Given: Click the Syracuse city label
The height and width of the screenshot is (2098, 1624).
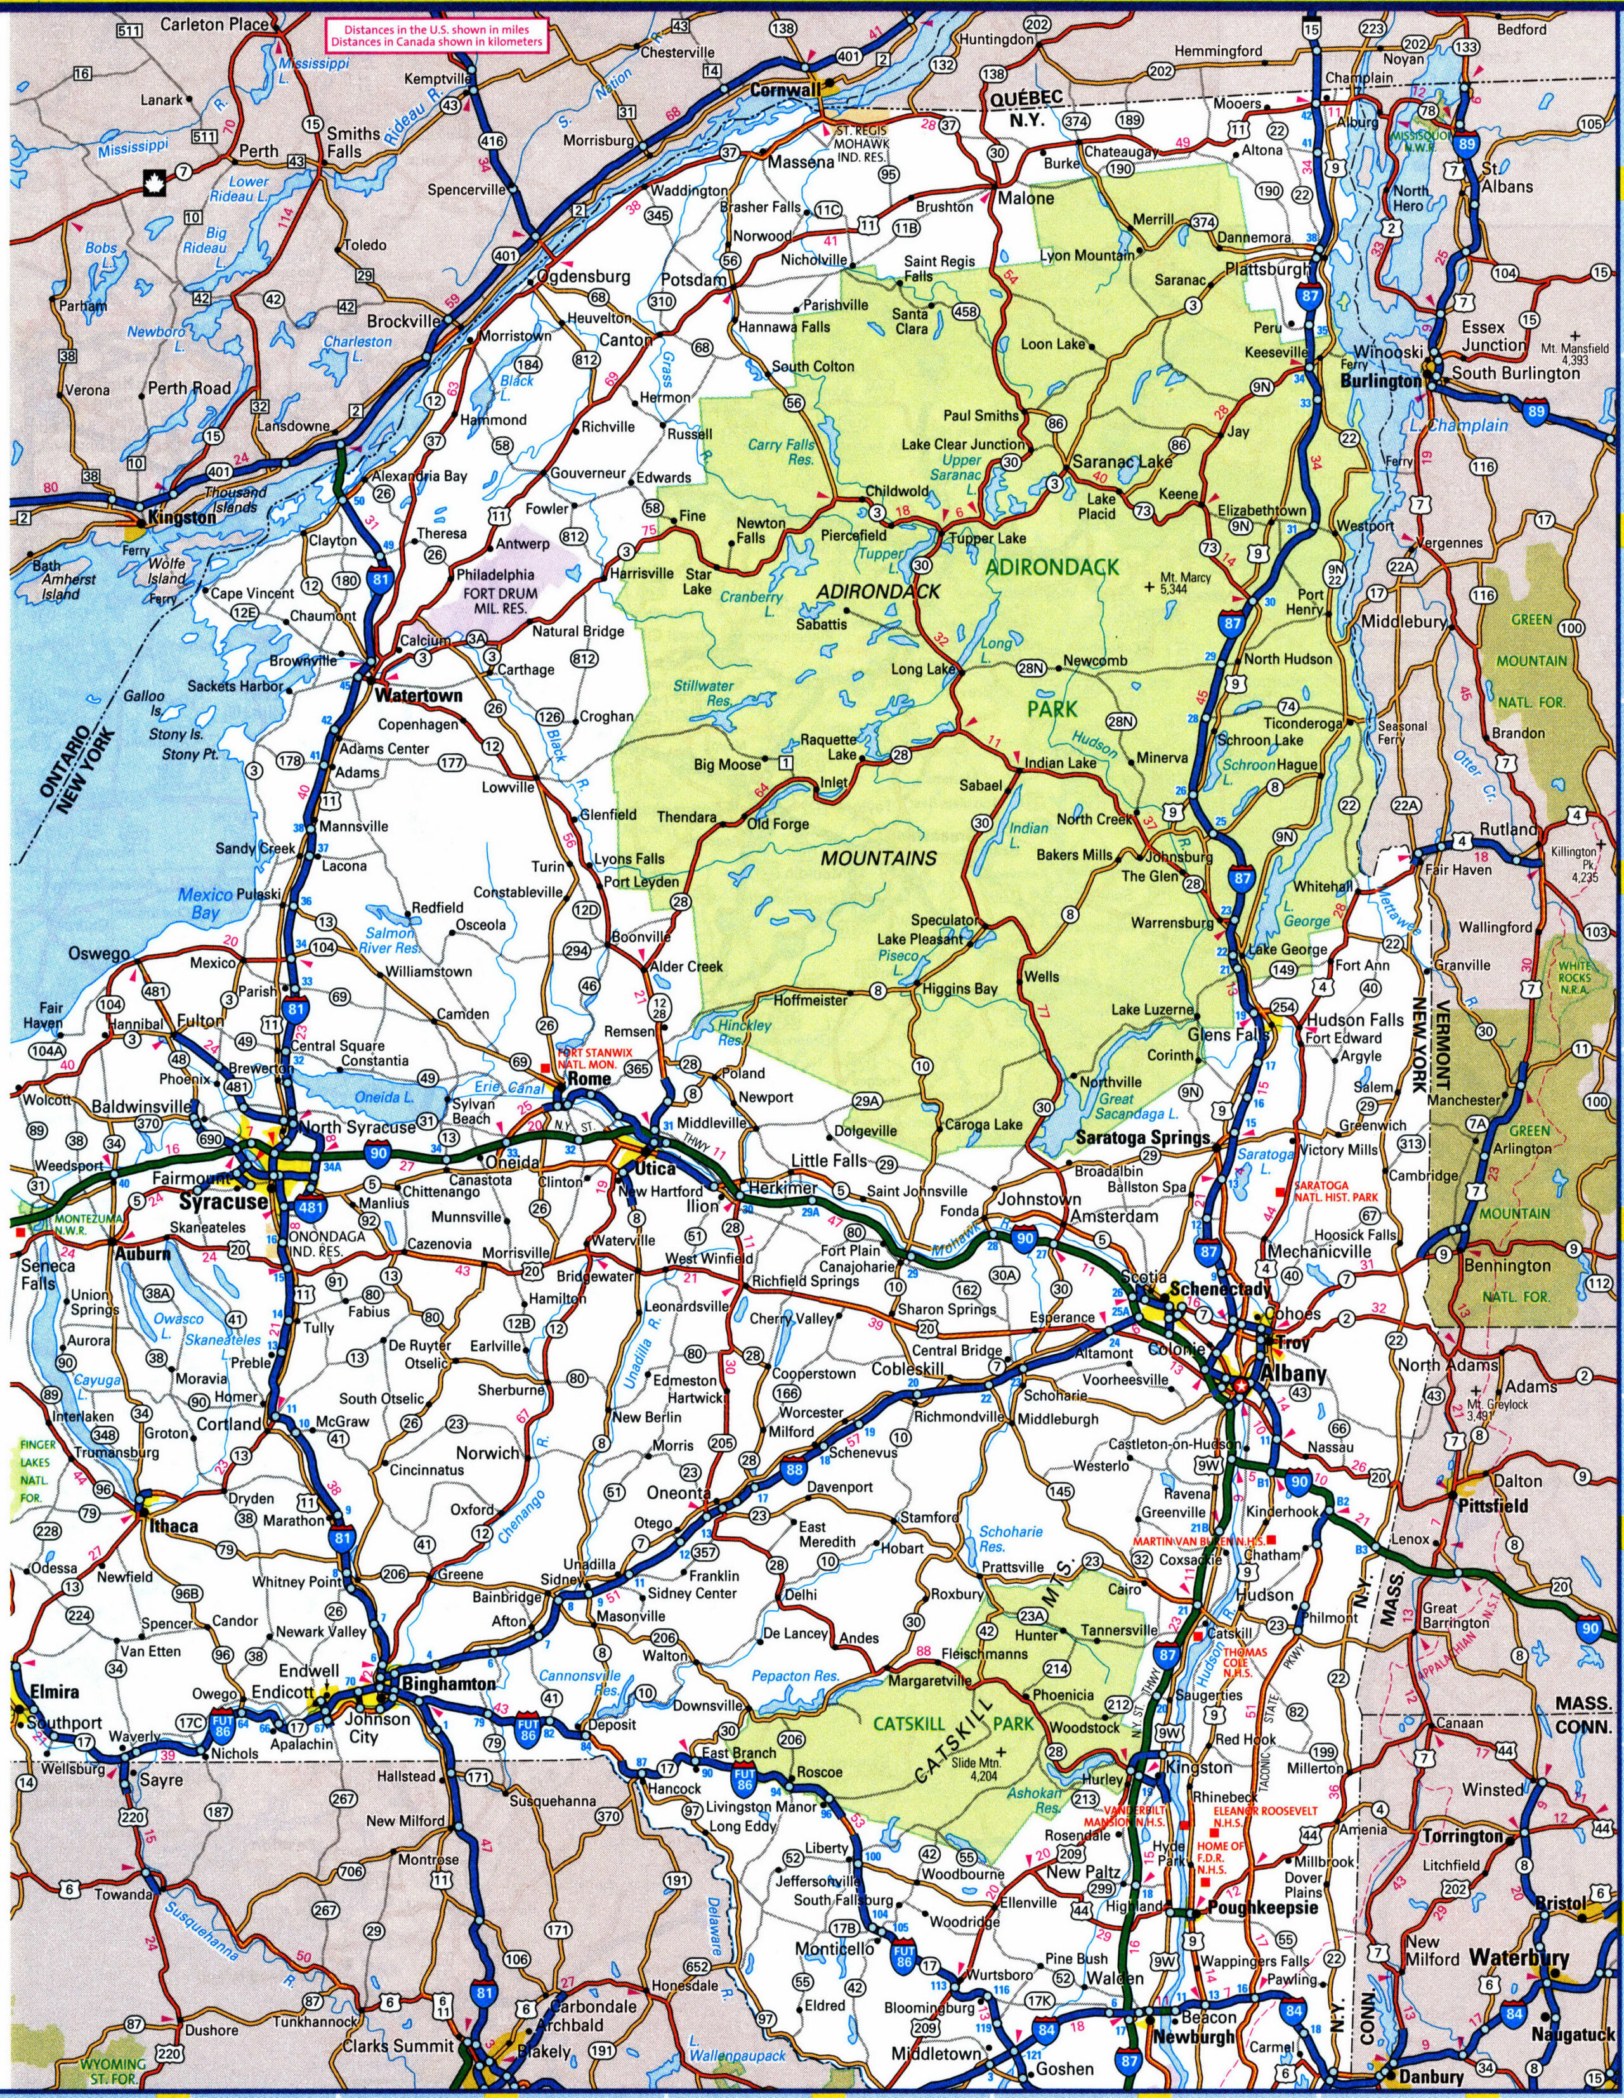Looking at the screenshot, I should pyautogui.click(x=222, y=1201).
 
